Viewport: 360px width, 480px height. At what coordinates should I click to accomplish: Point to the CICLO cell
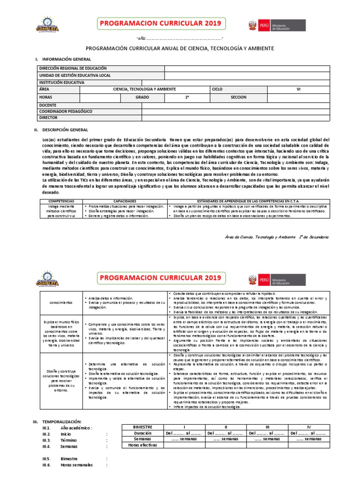coord(217,89)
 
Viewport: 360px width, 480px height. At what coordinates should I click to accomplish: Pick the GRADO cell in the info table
coord(142,97)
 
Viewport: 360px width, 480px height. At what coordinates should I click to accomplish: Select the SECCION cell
coord(239,97)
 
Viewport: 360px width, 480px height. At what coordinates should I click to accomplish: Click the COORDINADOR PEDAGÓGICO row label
coord(66,112)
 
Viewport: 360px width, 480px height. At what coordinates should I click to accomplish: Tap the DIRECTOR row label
coord(48,118)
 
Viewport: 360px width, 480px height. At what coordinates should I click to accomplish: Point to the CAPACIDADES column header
coord(124,200)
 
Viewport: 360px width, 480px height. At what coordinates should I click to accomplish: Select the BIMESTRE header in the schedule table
coord(142,427)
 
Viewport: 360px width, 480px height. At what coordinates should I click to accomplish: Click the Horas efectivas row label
coord(142,445)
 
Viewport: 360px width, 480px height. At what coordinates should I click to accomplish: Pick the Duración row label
coord(142,434)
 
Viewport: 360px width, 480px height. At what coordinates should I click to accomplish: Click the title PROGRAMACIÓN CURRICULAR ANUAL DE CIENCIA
coord(180,48)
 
